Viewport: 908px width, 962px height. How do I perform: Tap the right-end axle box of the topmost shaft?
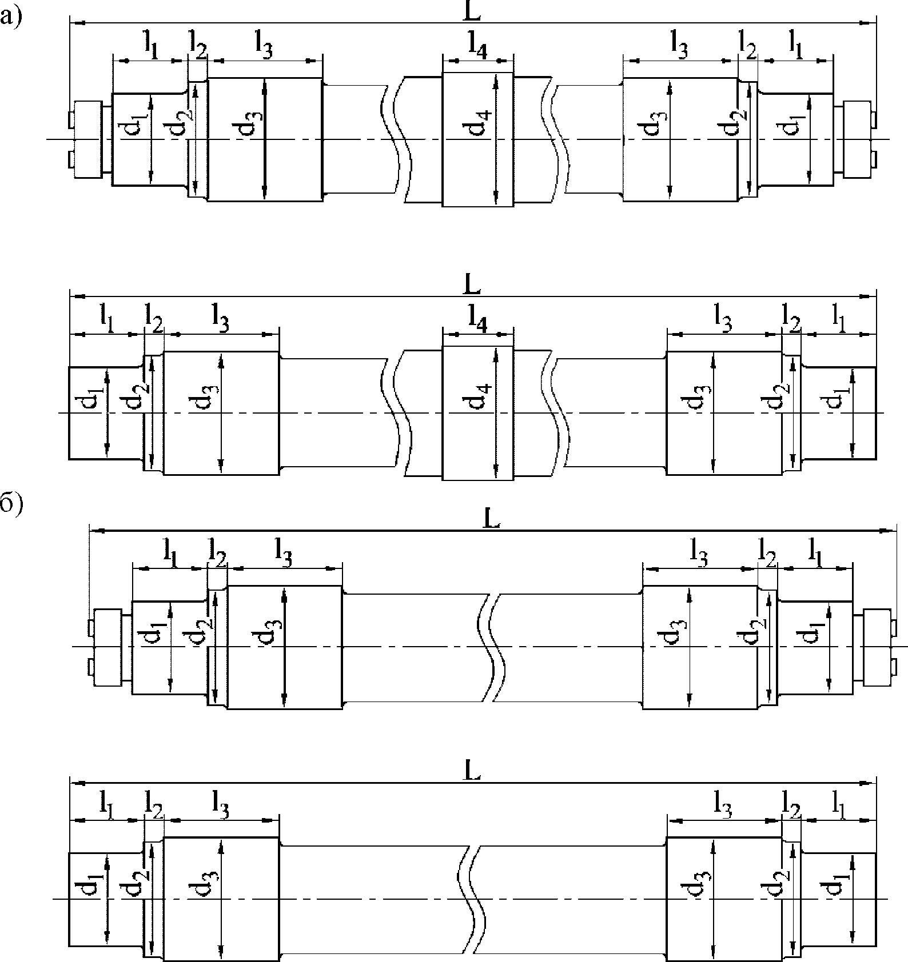(858, 139)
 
